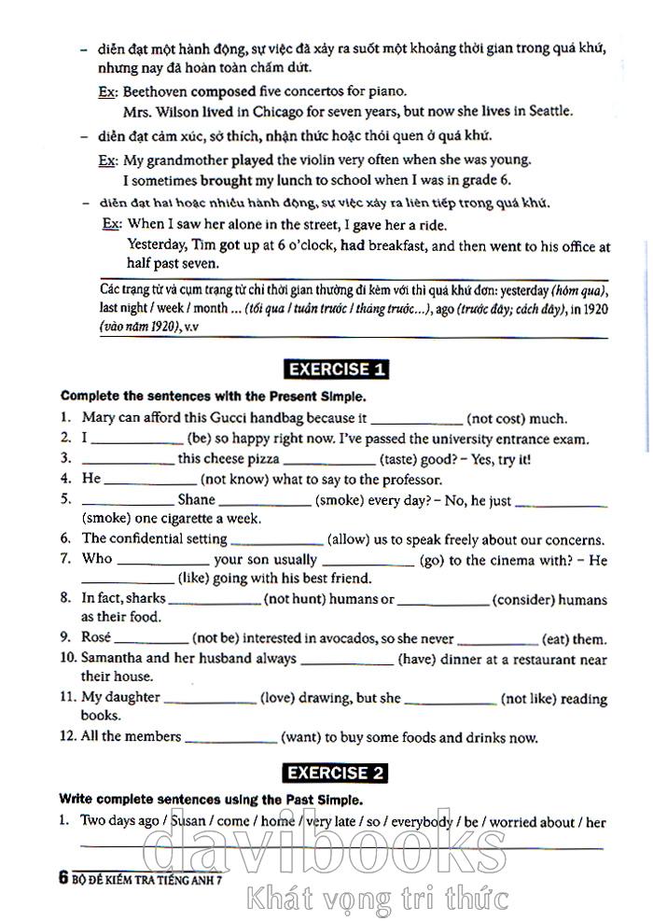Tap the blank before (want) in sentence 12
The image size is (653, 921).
point(232,738)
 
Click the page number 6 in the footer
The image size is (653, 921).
point(63,877)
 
